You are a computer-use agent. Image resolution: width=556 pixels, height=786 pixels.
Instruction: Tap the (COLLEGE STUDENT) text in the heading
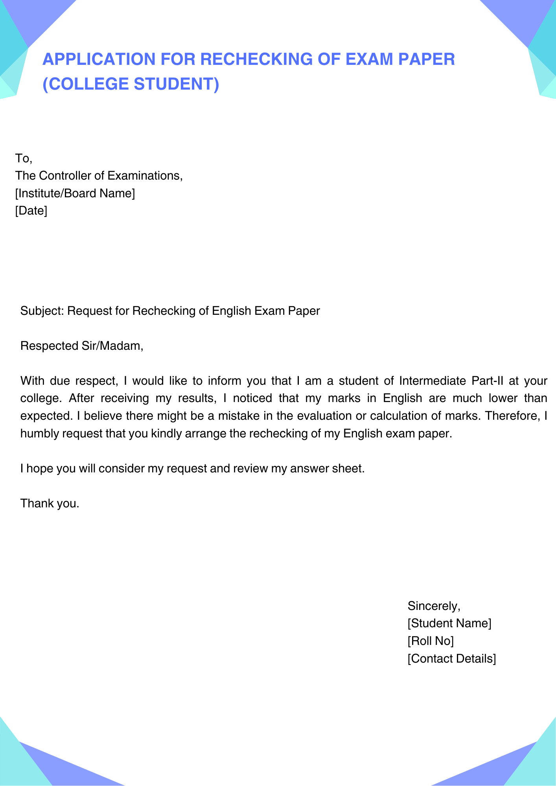pyautogui.click(x=131, y=84)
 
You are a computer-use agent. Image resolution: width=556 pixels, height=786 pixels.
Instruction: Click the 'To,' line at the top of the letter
pyautogui.click(x=24, y=158)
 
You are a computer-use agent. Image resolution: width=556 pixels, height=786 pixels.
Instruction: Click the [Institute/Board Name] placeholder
pyautogui.click(x=75, y=193)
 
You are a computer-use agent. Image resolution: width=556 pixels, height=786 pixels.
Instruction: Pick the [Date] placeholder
pyautogui.click(x=31, y=211)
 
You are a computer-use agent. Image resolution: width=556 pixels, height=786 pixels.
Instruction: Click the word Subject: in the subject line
pyautogui.click(x=42, y=311)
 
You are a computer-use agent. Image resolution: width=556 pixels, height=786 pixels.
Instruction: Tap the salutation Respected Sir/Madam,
pyautogui.click(x=82, y=346)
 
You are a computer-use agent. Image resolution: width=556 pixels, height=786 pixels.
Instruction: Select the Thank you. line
pyautogui.click(x=50, y=503)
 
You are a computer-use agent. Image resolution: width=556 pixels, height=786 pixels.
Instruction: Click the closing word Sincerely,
pyautogui.click(x=434, y=606)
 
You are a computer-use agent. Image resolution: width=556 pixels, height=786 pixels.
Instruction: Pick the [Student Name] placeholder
pyautogui.click(x=449, y=623)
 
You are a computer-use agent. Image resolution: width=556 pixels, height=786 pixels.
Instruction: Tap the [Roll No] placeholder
pyautogui.click(x=431, y=641)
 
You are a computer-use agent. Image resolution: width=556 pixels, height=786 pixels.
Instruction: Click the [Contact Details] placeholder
pyautogui.click(x=452, y=659)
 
